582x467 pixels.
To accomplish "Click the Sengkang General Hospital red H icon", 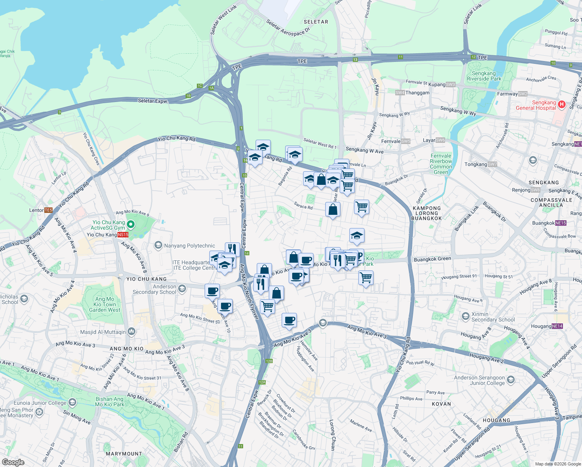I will tap(561, 104).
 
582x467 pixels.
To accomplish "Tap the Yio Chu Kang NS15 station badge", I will tap(123, 235).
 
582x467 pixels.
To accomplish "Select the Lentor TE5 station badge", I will tap(48, 210).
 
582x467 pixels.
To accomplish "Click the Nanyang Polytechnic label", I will tap(189, 246).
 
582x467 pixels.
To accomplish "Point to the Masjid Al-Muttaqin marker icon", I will tap(131, 332).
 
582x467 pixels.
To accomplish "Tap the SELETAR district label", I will tap(316, 22).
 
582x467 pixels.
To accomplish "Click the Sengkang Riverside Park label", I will tap(484, 76).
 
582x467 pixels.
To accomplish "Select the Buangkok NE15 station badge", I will tap(561, 223).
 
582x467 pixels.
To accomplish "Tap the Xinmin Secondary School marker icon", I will tap(465, 316).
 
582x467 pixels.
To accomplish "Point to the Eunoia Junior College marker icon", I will tap(72, 402).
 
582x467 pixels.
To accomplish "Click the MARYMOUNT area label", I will tap(124, 454).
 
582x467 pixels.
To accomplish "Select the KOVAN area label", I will tap(442, 404).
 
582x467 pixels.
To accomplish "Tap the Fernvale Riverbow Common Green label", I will tap(441, 164).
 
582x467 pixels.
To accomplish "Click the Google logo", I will tap(13, 462).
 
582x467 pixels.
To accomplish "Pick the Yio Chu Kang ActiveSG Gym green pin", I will tap(131, 224).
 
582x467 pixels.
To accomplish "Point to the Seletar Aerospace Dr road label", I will tap(288, 28).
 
